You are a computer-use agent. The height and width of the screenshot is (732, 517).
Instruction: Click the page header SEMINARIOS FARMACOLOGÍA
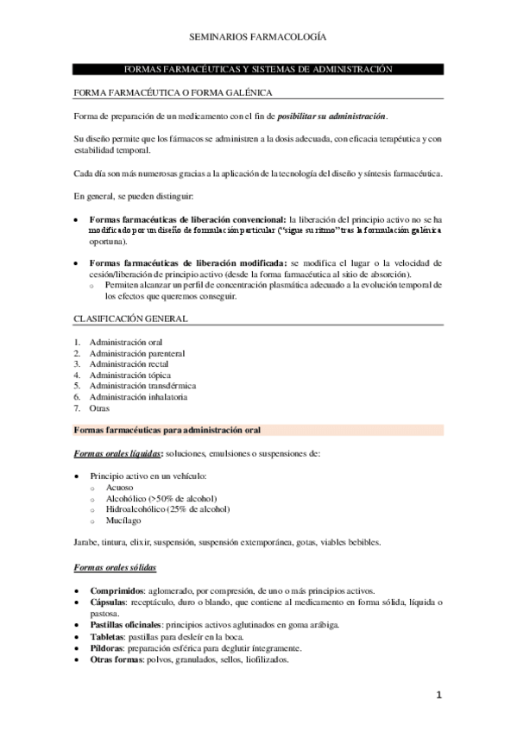(x=258, y=38)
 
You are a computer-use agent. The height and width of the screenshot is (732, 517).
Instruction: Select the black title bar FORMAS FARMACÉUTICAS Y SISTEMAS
(x=258, y=68)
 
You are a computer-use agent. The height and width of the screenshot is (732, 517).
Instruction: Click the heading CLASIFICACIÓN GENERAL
(x=130, y=319)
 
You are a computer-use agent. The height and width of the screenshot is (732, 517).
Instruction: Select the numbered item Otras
(x=99, y=408)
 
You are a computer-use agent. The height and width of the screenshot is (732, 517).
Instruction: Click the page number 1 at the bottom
(x=438, y=695)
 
